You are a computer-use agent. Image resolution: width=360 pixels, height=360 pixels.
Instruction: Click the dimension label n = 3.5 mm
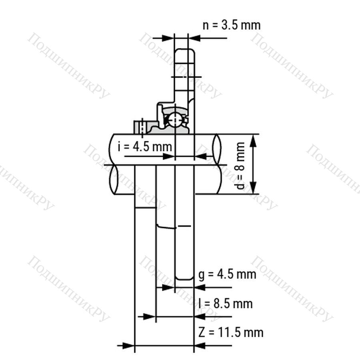[232, 25]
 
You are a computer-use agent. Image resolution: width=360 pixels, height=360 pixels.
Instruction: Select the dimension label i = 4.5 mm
[145, 146]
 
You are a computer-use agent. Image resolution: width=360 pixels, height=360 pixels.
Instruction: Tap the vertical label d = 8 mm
[240, 166]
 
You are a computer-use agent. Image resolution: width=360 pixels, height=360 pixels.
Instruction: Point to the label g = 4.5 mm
[227, 274]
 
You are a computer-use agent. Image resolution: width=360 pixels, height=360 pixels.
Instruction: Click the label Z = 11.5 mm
[231, 332]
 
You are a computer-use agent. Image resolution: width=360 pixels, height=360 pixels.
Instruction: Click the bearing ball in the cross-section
[175, 120]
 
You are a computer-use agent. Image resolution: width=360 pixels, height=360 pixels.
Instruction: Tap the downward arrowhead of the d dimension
[253, 188]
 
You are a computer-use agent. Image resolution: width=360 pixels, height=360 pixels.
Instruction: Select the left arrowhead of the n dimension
[168, 38]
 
